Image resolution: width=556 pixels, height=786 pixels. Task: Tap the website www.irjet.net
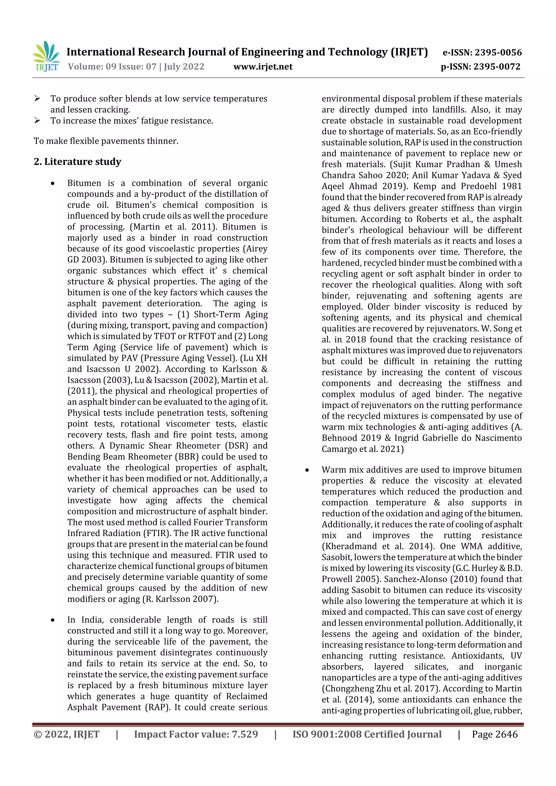click(263, 66)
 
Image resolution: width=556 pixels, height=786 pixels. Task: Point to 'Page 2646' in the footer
click(495, 734)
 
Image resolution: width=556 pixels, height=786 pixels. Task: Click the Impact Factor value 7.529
click(245, 734)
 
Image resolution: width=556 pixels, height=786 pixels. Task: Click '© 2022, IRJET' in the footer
click(67, 734)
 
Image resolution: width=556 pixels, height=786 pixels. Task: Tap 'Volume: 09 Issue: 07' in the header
click(112, 66)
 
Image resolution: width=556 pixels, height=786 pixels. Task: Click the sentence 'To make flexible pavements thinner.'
click(106, 141)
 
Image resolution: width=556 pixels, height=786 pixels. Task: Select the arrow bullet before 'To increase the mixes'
click(37, 120)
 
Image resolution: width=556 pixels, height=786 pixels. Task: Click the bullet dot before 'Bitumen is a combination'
click(52, 183)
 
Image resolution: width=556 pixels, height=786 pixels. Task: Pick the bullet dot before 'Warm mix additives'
click(307, 470)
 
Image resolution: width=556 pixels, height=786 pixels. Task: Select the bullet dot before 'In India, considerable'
click(52, 620)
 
